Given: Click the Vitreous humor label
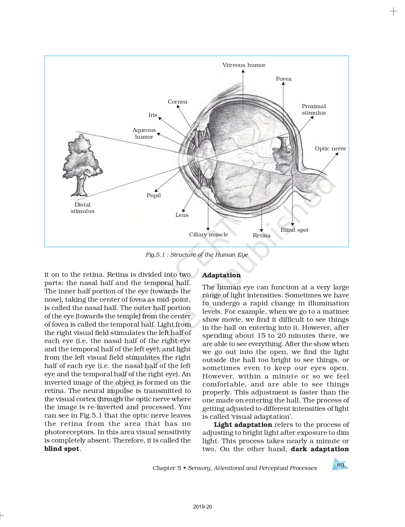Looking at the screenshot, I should [x=244, y=65].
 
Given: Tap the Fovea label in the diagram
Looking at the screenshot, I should [x=283, y=79].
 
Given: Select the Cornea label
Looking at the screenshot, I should [x=177, y=102].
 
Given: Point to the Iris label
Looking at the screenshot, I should [x=153, y=115].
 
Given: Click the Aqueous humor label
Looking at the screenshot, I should [x=144, y=133].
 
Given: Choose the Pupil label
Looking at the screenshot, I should [x=154, y=195].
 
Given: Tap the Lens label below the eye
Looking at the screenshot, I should [x=182, y=215].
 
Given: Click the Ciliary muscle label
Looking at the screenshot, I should [x=209, y=235].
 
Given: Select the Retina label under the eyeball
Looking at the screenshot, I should [x=262, y=235].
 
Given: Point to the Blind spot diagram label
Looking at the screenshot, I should [x=294, y=230].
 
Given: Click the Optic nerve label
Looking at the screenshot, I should [x=330, y=149].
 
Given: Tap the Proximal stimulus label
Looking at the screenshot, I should [x=314, y=109].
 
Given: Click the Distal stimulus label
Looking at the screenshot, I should [x=82, y=208].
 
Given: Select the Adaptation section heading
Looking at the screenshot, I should [x=221, y=275].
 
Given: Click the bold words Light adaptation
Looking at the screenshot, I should [x=243, y=425].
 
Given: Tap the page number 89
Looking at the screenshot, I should [x=340, y=465].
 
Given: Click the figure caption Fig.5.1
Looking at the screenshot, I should [x=196, y=255].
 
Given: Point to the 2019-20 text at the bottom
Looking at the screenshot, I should [x=202, y=507].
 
